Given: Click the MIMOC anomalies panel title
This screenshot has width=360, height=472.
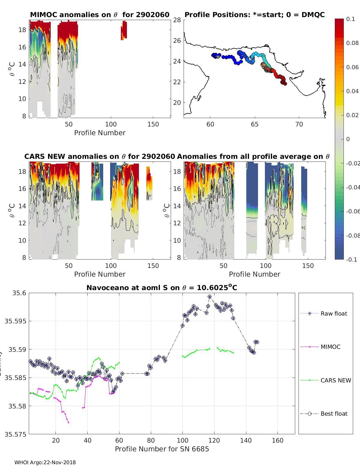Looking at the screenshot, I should coord(100,15).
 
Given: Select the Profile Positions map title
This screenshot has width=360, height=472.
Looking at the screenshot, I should coord(254,15).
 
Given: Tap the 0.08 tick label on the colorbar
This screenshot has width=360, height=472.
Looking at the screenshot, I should coord(352,43).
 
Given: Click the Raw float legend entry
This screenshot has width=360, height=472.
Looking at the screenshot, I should coord(334,313).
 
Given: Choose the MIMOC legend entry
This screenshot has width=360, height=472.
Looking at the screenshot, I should coord(330,347).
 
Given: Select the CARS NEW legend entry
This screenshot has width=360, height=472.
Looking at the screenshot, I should coord(335,380).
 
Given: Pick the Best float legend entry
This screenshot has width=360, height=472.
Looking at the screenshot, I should coord(334,414).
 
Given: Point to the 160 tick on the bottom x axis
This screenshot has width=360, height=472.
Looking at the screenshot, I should coord(277,440).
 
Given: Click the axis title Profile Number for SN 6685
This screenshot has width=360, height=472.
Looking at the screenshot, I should coord(162,449).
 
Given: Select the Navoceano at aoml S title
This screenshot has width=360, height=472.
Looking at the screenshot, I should coord(162,288).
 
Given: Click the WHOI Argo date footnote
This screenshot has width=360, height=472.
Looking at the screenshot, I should coord(45,462).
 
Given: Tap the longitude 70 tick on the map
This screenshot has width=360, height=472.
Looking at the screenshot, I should coord(299,124).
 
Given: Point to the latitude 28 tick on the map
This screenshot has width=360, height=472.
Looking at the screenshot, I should coord(177,20).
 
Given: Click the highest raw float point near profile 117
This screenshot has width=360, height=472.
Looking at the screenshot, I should coord(210,297).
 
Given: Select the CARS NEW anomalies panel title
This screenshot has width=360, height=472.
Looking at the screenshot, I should coord(100,156).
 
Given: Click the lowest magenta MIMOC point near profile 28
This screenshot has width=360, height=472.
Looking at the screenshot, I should coord(68,423).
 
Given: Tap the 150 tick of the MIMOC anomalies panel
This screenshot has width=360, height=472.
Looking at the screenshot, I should coord(153,124).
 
